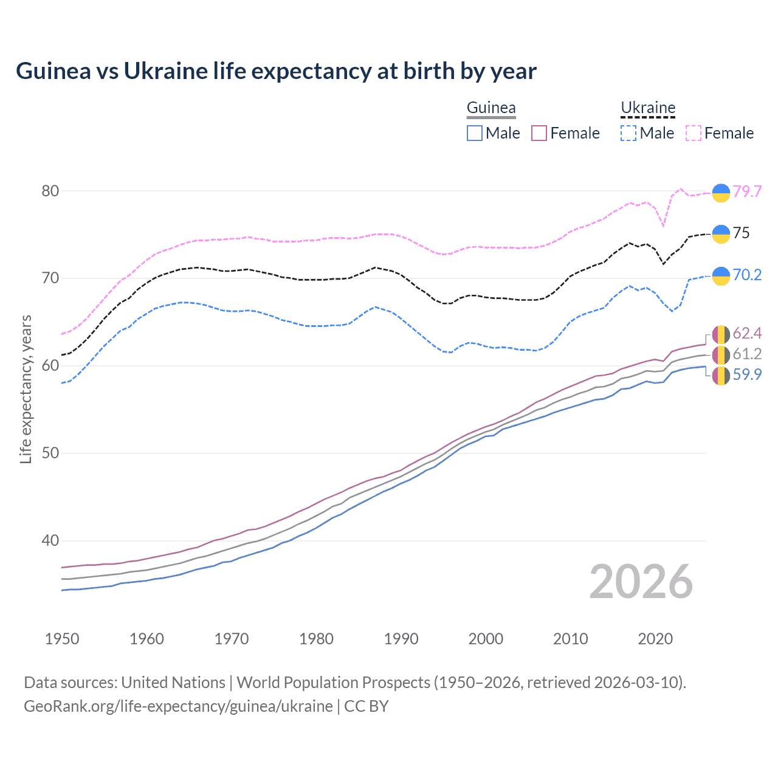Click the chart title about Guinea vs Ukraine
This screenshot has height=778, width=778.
(276, 71)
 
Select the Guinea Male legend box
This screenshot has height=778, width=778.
(475, 133)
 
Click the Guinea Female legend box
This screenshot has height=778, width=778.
(539, 133)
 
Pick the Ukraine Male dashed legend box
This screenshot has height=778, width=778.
(628, 133)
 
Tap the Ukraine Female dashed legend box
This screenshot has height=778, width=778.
(694, 133)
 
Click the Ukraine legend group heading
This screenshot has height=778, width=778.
(648, 108)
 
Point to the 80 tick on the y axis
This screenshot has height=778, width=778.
(50, 191)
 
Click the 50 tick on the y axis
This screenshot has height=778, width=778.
(50, 453)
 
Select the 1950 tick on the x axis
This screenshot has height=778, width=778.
(62, 639)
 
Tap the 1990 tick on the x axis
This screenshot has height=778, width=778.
(401, 639)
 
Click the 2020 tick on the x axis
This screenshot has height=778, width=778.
(655, 639)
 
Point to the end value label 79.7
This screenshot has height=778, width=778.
(747, 191)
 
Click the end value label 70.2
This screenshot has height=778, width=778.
(747, 275)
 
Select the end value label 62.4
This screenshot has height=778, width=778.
(747, 333)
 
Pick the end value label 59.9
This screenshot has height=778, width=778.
(747, 374)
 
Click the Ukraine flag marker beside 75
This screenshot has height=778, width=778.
(721, 233)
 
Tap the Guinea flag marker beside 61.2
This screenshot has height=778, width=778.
(721, 355)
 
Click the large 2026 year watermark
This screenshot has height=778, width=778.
(641, 582)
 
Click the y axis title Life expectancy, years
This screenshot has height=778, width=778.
(26, 389)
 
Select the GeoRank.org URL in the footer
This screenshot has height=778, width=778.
(178, 706)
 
